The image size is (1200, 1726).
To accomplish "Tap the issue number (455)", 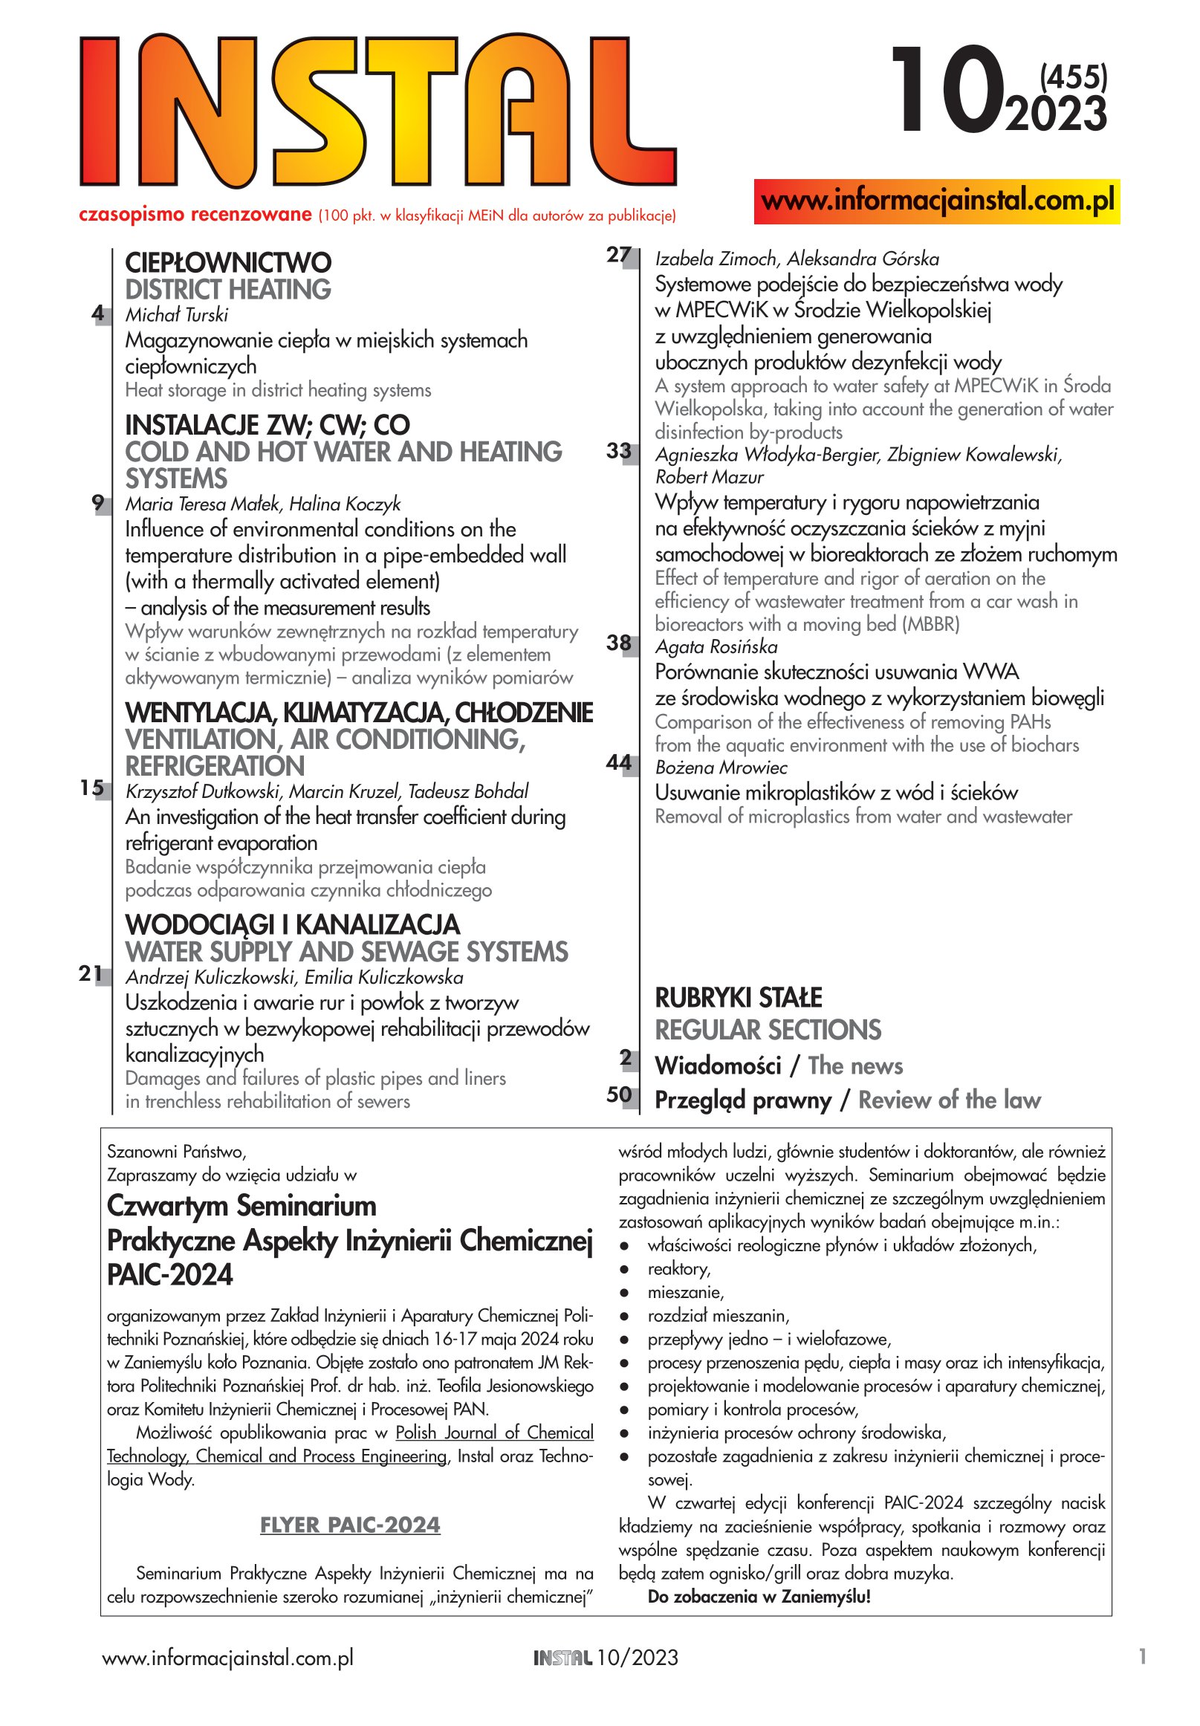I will tap(1073, 77).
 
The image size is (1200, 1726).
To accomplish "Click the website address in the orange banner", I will tap(937, 201).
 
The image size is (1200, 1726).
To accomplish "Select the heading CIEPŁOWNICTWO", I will tap(228, 263).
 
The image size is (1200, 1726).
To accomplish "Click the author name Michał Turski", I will tap(176, 315).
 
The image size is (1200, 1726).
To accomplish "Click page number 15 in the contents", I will tap(91, 788).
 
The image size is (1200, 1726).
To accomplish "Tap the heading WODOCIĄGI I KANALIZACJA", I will tap(293, 924).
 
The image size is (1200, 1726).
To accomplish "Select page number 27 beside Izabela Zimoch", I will tap(619, 256).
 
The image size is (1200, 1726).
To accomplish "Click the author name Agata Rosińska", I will tap(716, 646).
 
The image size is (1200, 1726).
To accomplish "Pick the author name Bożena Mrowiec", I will tap(721, 768).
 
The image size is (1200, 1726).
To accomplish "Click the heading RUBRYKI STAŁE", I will tap(739, 998).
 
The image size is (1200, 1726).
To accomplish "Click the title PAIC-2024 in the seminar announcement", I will tap(170, 1275).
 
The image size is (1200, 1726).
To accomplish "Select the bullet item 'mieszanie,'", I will tap(685, 1292).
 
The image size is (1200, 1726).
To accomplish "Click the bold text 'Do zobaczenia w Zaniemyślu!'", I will tap(759, 1596).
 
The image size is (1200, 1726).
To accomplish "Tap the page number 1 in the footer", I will tap(1142, 1656).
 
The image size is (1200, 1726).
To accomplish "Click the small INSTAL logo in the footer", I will tap(562, 1658).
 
